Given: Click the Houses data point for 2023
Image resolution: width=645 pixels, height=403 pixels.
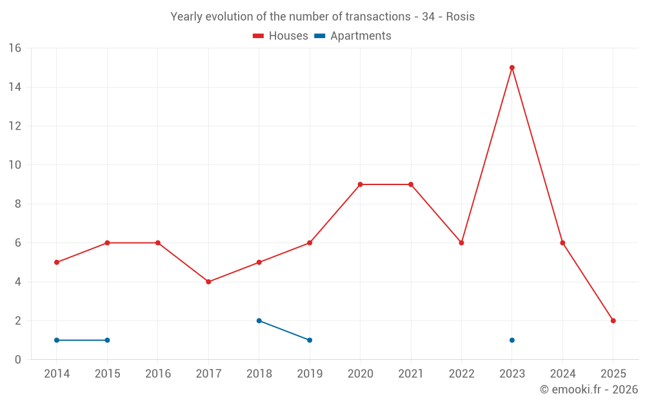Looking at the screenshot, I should click(x=512, y=68).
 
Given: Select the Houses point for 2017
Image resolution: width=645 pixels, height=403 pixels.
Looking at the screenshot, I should click(x=208, y=282).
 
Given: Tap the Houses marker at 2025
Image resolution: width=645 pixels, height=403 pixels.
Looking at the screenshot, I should click(x=613, y=320).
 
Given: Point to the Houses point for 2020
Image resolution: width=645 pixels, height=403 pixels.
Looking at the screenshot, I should click(x=360, y=184).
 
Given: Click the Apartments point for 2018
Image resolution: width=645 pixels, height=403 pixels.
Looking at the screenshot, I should click(x=259, y=320).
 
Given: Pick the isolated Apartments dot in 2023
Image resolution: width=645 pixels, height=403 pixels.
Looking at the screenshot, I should click(x=512, y=340).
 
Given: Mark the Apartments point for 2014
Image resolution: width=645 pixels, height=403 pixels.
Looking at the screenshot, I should click(x=57, y=340).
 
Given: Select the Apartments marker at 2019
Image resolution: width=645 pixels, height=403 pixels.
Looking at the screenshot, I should click(x=310, y=340).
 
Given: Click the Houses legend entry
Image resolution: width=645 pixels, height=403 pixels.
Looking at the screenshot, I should click(x=281, y=36).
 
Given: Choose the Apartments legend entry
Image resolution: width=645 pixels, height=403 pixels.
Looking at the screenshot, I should click(x=353, y=36).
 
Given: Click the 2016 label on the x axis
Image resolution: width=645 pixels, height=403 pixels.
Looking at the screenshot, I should click(x=158, y=374).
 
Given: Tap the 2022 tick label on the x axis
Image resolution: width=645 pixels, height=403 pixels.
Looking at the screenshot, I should click(x=461, y=374).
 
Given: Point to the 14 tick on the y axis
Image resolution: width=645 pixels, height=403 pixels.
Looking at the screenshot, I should click(x=15, y=87).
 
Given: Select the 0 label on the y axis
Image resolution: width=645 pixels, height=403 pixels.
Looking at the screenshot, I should click(x=18, y=360).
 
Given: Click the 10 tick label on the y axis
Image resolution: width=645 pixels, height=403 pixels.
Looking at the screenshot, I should click(x=15, y=165).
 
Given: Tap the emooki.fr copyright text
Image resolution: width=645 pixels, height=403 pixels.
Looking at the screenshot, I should click(x=588, y=389).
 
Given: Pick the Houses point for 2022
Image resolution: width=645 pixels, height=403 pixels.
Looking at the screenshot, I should click(x=461, y=243).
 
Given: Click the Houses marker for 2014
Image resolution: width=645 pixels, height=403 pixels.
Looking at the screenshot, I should click(x=57, y=262).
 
